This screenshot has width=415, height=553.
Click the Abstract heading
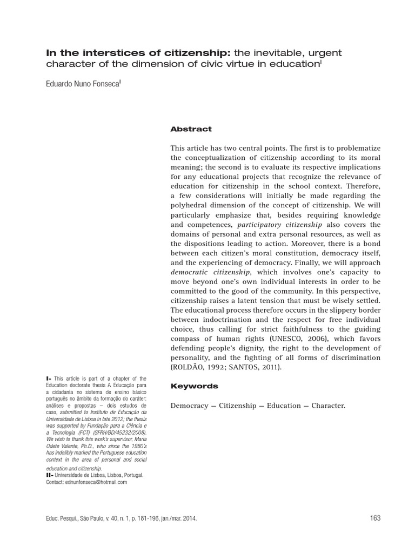191,130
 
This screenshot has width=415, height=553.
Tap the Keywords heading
194,386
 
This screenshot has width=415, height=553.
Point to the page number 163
375,518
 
